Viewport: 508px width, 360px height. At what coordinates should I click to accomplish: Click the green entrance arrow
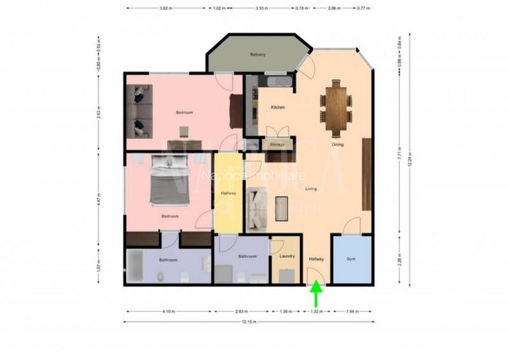316,296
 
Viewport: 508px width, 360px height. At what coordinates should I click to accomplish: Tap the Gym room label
351,259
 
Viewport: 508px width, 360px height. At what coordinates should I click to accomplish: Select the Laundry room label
287,256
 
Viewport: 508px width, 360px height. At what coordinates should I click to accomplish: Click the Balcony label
258,54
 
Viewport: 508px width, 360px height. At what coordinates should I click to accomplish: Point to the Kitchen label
278,107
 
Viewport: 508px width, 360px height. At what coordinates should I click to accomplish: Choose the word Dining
337,145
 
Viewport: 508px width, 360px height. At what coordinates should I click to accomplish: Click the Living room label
311,188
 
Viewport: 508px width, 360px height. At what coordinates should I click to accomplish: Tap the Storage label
277,145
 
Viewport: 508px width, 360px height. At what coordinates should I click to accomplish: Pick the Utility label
252,145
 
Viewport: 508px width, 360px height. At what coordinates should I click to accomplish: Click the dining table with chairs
336,107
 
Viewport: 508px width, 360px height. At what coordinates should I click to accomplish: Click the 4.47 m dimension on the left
99,196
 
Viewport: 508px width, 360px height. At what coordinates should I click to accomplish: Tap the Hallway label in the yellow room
228,193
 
